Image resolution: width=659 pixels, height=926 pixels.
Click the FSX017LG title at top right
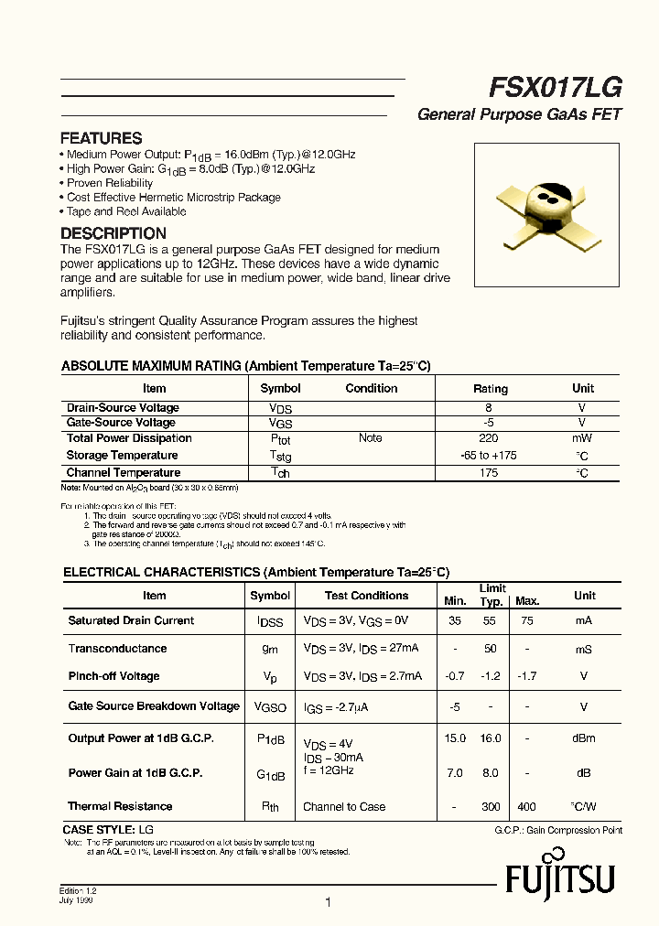coord(556,87)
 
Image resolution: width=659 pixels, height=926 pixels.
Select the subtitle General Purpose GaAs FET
coord(519,115)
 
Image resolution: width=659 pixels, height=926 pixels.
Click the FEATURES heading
coord(101,138)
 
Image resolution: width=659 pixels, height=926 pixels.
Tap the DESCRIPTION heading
coord(113,233)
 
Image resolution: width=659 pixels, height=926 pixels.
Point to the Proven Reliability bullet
coord(110,183)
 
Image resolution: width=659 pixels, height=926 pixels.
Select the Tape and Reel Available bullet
coord(126,211)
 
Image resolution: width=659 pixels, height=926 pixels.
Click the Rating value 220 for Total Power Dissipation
coord(489,438)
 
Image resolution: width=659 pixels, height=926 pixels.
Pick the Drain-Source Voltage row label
coord(123,408)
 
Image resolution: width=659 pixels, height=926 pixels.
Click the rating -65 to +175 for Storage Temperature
coord(489,456)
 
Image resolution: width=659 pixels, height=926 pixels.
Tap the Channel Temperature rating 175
coord(489,473)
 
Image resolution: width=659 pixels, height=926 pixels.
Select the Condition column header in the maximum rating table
coord(371,388)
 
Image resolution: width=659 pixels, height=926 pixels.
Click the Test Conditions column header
coord(366,596)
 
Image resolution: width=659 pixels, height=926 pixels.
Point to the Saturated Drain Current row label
coord(131,620)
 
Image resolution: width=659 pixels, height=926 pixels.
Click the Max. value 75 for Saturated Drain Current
coord(526,620)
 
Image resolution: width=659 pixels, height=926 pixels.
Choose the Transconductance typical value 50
coord(491,649)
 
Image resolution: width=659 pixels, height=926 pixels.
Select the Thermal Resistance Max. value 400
coord(526,807)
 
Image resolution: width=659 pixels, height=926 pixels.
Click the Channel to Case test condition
coord(344,807)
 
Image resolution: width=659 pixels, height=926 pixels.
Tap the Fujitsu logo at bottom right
coord(560,879)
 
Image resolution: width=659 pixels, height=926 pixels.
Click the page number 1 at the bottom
coord(327,902)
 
